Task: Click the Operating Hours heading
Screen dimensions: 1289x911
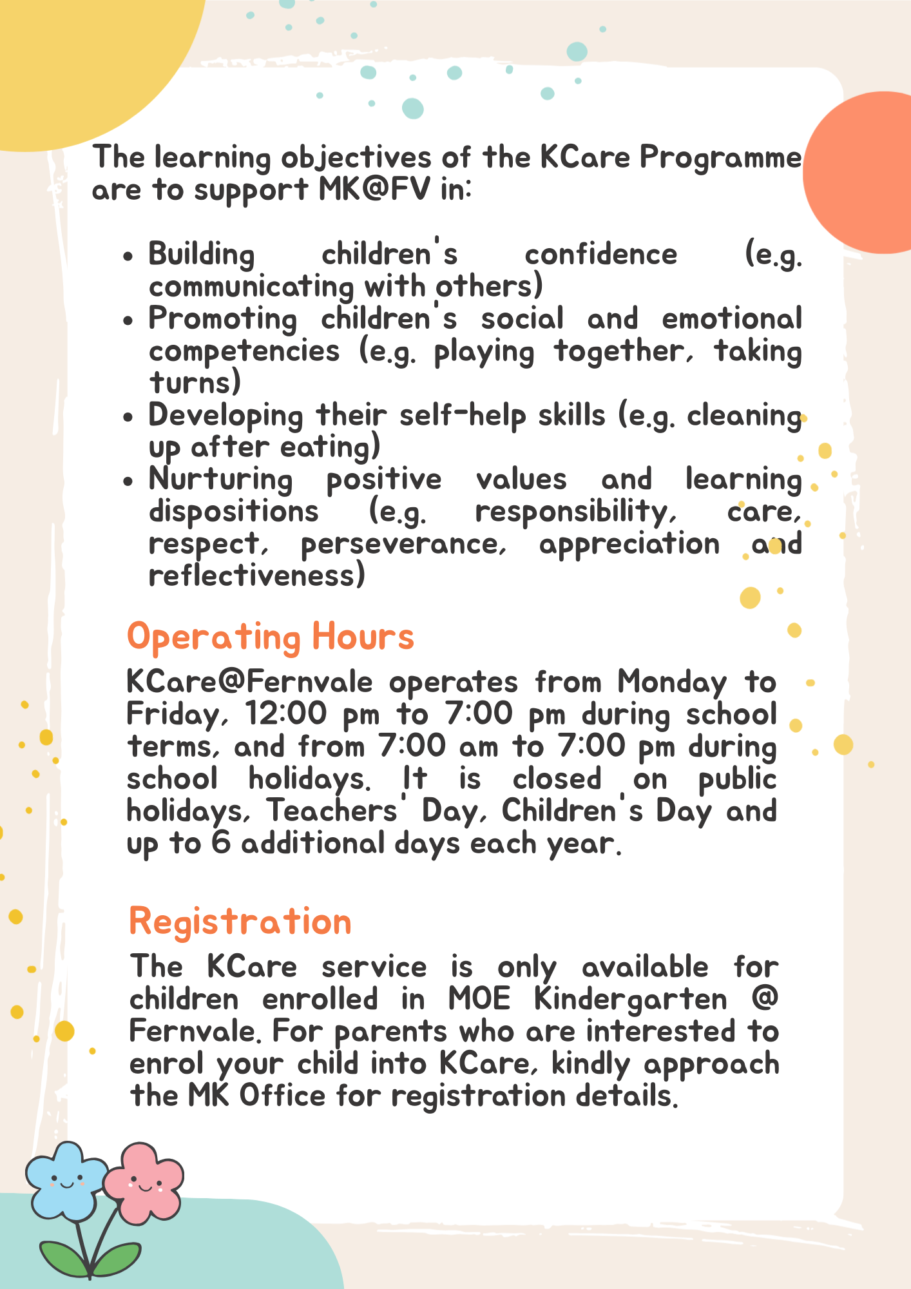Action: (x=270, y=637)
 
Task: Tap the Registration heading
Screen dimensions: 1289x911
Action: (x=240, y=921)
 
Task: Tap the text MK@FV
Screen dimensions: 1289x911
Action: (x=374, y=189)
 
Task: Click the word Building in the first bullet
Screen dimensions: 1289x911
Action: (x=202, y=255)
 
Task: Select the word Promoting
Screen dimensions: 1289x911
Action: (x=223, y=319)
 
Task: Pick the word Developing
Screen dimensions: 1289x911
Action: (x=225, y=416)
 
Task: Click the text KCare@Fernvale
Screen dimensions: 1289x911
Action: (x=250, y=682)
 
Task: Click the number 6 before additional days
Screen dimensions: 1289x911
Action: (x=220, y=843)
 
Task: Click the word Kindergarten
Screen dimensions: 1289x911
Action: (x=631, y=1000)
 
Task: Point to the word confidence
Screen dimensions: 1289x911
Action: (x=601, y=255)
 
